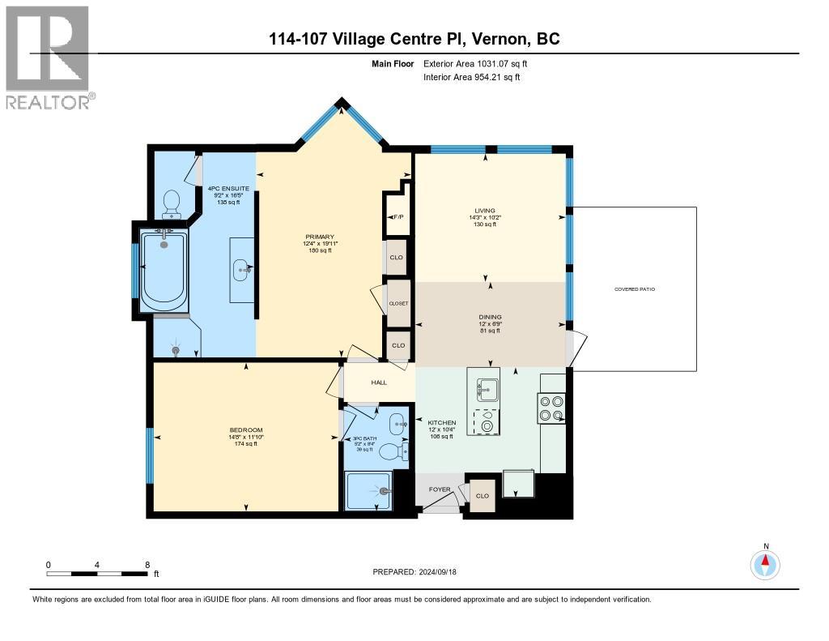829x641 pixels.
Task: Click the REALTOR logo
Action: click(49, 57)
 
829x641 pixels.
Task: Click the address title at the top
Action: click(414, 39)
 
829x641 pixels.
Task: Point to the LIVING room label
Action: click(485, 210)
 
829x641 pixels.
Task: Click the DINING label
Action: click(490, 317)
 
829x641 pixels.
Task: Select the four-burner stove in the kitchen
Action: click(551, 408)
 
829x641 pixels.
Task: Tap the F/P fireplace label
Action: click(397, 217)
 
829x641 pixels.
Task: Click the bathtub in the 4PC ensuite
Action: click(164, 271)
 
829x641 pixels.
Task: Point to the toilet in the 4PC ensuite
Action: click(171, 203)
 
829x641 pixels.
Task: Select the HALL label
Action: click(379, 382)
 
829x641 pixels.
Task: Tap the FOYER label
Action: click(440, 489)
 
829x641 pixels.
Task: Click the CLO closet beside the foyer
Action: click(483, 496)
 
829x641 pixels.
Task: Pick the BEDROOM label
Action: click(245, 429)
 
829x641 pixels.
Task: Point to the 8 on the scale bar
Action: click(147, 565)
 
